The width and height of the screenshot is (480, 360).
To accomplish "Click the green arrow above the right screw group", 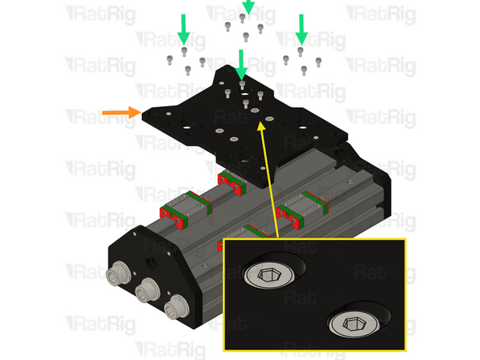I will tap(302, 28).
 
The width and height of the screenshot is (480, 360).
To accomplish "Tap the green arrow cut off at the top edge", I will tap(247, 6).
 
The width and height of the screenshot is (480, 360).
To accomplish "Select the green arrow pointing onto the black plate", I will tap(242, 65).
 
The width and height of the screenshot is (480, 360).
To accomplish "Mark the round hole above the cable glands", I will tap(152, 262).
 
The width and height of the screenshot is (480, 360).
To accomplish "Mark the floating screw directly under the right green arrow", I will tap(302, 50).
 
